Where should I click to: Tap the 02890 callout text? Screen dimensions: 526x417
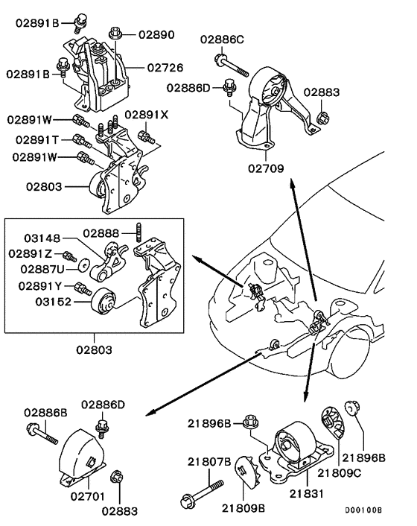(x=155, y=34)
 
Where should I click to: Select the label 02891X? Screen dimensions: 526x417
(x=147, y=115)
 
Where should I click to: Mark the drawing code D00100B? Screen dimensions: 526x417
(x=363, y=510)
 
